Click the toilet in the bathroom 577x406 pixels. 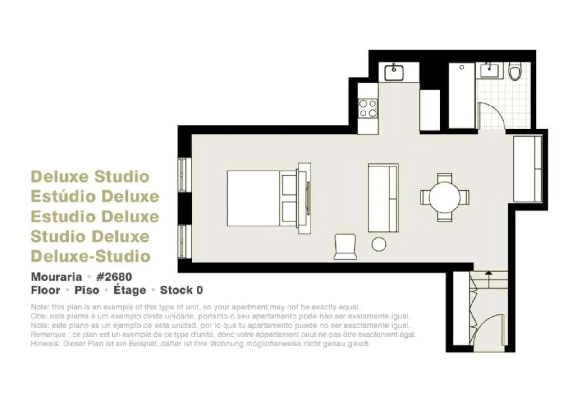(514, 71)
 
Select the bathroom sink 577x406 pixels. (489, 71)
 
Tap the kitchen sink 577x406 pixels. (394, 72)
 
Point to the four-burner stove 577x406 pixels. (367, 108)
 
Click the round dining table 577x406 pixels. (444, 197)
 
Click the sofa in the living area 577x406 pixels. (383, 198)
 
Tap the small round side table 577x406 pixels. (379, 245)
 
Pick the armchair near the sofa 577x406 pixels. (345, 247)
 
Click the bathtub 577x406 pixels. (462, 95)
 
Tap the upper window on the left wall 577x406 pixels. (182, 175)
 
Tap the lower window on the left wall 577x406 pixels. (182, 241)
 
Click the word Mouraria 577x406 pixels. (56, 276)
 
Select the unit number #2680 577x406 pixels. (114, 276)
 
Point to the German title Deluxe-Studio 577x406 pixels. (90, 256)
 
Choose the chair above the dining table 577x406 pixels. (444, 177)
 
